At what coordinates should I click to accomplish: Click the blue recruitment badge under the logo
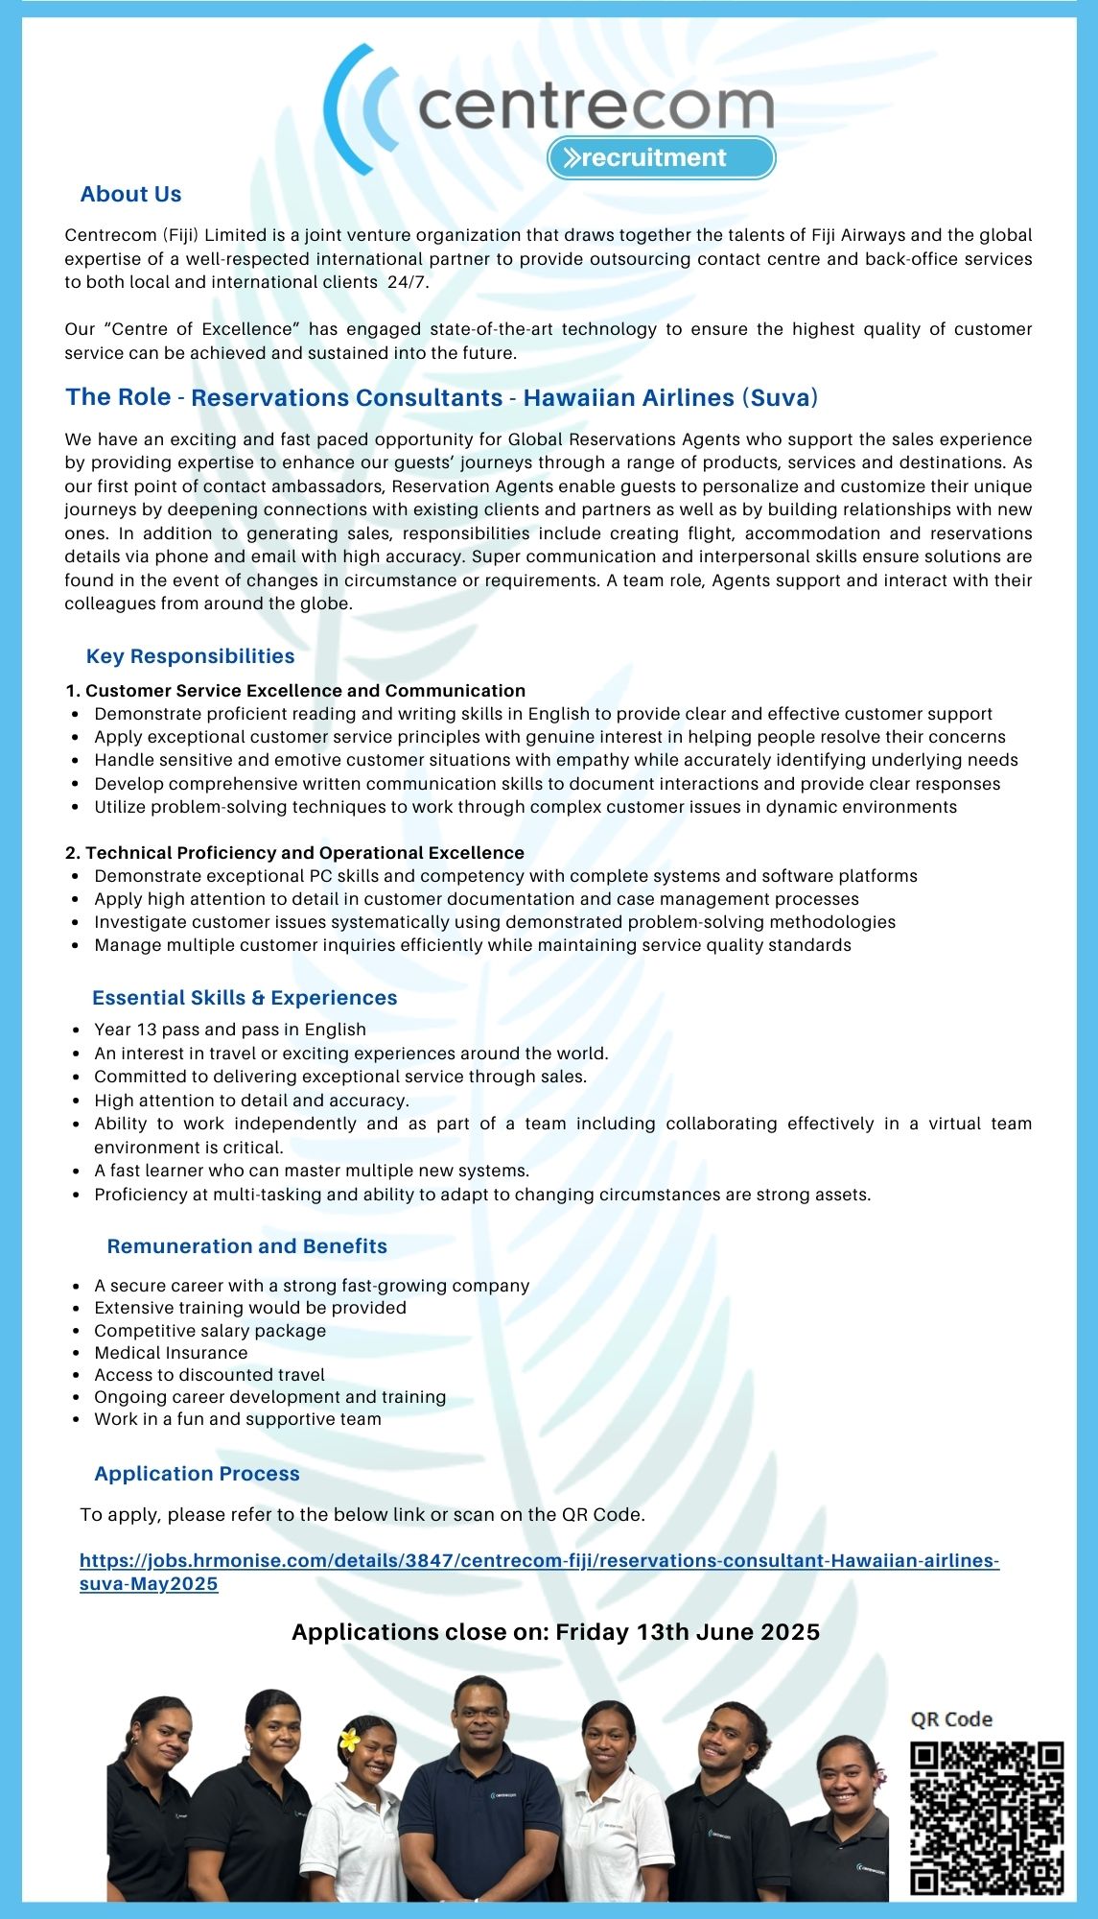click(x=661, y=158)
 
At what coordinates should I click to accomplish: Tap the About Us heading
click(x=130, y=195)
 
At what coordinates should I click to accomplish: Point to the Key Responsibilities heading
click(x=190, y=656)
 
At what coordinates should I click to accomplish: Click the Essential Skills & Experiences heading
click(x=245, y=998)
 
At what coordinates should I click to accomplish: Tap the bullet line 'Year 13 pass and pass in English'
click(x=230, y=1030)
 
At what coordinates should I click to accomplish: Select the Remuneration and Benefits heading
click(x=247, y=1246)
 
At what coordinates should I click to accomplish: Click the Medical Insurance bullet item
click(x=171, y=1353)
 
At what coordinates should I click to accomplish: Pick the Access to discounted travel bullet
click(x=209, y=1375)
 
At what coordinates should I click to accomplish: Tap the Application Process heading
click(x=197, y=1474)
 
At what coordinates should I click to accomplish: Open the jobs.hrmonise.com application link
click(x=539, y=1561)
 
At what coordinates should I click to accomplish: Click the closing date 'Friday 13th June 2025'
click(x=688, y=1632)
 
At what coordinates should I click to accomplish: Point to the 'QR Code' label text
click(x=951, y=1719)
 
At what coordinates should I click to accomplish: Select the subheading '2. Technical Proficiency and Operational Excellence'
click(x=295, y=853)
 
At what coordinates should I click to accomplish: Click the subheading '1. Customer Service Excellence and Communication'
click(x=295, y=691)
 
